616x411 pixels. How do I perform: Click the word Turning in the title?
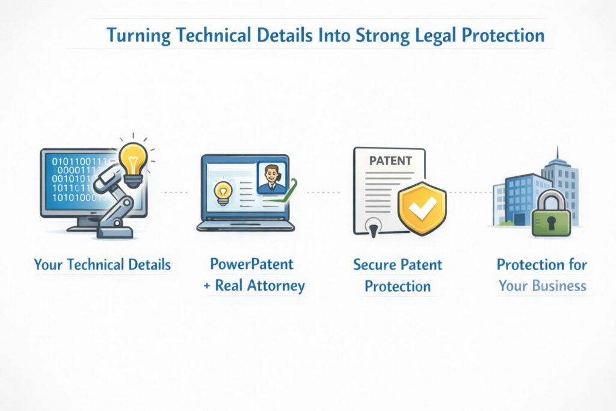click(139, 35)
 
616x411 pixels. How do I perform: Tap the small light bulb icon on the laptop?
click(223, 191)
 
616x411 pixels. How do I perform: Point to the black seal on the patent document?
click(373, 228)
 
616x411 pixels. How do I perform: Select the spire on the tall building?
click(557, 153)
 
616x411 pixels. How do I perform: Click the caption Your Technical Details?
click(102, 264)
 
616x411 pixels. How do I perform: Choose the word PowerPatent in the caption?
click(251, 264)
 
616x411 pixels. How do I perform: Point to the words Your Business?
click(542, 285)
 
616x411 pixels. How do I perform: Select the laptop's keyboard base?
click(245, 226)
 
